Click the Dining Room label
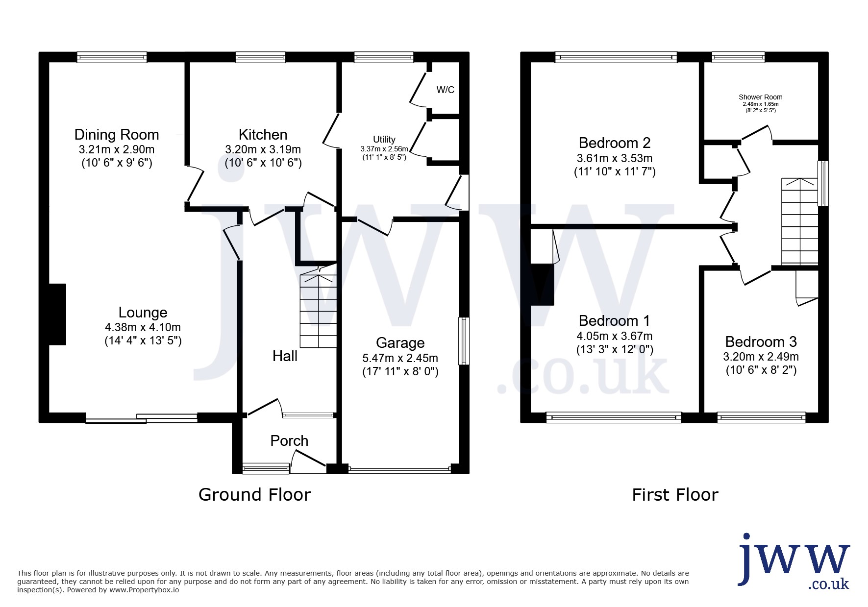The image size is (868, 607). pyautogui.click(x=117, y=135)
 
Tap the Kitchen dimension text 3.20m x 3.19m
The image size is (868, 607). pyautogui.click(x=263, y=149)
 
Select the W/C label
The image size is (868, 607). pyautogui.click(x=446, y=90)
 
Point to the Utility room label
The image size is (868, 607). pyautogui.click(x=384, y=140)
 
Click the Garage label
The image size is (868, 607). pyautogui.click(x=400, y=343)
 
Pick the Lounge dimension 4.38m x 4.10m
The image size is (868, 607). pyautogui.click(x=143, y=327)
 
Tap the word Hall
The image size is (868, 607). pyautogui.click(x=285, y=356)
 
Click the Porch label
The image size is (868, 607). pyautogui.click(x=289, y=441)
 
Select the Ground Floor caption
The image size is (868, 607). pyautogui.click(x=254, y=495)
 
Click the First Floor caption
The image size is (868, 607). pyautogui.click(x=675, y=495)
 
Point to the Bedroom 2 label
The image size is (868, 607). pyautogui.click(x=615, y=143)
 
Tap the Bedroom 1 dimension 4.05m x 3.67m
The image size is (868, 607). pyautogui.click(x=615, y=336)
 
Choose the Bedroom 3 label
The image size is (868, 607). pyautogui.click(x=761, y=342)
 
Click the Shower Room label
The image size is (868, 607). pyautogui.click(x=761, y=97)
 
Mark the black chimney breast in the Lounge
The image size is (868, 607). pyautogui.click(x=57, y=314)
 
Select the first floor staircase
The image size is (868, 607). pyautogui.click(x=800, y=221)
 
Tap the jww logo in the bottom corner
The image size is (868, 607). pyautogui.click(x=794, y=561)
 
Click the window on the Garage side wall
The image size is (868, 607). pyautogui.click(x=464, y=341)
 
